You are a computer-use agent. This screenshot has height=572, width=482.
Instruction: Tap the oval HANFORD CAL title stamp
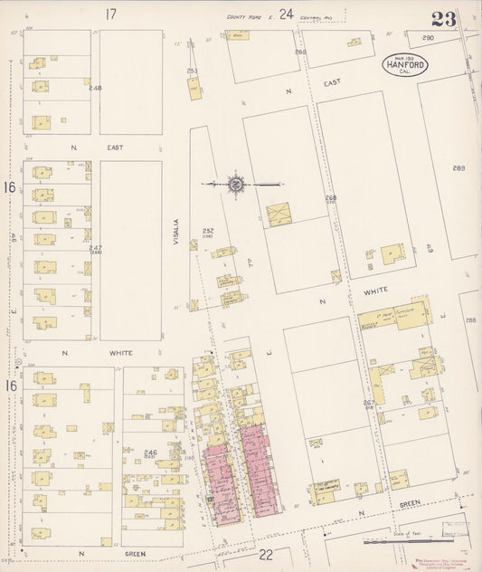tap(403, 66)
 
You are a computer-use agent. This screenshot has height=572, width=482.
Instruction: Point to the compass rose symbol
tap(236, 184)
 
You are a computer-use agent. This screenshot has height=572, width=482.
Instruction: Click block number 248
tap(95, 88)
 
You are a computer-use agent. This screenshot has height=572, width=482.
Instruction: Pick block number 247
tap(95, 247)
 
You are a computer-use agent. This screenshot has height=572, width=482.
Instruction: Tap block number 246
tap(151, 453)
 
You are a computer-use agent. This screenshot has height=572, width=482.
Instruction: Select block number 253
tap(192, 71)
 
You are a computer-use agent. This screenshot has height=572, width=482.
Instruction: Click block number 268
tap(331, 198)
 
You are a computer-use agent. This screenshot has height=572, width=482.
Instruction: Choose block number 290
tap(428, 37)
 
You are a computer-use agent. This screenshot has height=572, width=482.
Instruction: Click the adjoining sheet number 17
tap(111, 14)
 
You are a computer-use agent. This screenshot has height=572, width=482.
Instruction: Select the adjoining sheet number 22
tap(265, 553)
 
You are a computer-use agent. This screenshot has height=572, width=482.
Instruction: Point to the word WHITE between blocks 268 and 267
tap(377, 290)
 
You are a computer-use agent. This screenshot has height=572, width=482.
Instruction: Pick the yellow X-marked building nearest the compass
tap(279, 214)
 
